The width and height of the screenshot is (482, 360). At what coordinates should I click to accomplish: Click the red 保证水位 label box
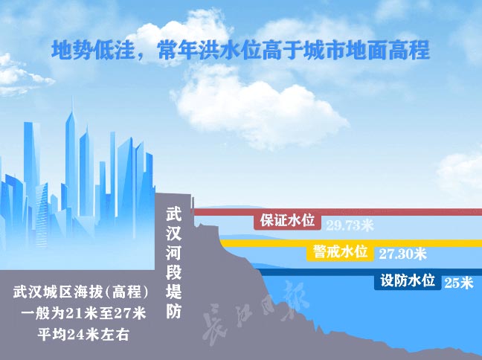[287, 221]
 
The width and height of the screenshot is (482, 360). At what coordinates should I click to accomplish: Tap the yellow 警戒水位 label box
[340, 252]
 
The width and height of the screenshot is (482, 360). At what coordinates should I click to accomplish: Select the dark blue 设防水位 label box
[408, 281]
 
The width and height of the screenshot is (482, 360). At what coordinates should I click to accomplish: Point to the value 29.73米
[350, 225]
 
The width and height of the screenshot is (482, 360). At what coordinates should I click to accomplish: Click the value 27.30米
[402, 254]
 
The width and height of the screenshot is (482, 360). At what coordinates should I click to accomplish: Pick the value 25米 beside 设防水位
[459, 283]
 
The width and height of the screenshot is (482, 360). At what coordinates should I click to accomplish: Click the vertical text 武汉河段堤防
[173, 263]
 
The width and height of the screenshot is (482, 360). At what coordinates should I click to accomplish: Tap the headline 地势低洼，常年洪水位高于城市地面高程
[240, 50]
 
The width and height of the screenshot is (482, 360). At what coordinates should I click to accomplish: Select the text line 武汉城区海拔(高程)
[80, 292]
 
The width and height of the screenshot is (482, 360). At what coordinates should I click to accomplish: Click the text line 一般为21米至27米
[83, 313]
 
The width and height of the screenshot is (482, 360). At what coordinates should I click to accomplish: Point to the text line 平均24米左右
[83, 335]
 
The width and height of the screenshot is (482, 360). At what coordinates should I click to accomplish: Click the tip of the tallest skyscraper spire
[73, 97]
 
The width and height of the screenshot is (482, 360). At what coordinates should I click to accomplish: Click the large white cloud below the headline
[260, 108]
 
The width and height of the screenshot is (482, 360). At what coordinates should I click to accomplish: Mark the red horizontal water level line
[337, 212]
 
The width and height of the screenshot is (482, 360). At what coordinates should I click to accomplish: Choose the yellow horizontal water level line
[351, 243]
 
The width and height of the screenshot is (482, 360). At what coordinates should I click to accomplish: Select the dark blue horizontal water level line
[369, 272]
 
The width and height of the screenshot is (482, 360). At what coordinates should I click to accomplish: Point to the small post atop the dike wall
[193, 203]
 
